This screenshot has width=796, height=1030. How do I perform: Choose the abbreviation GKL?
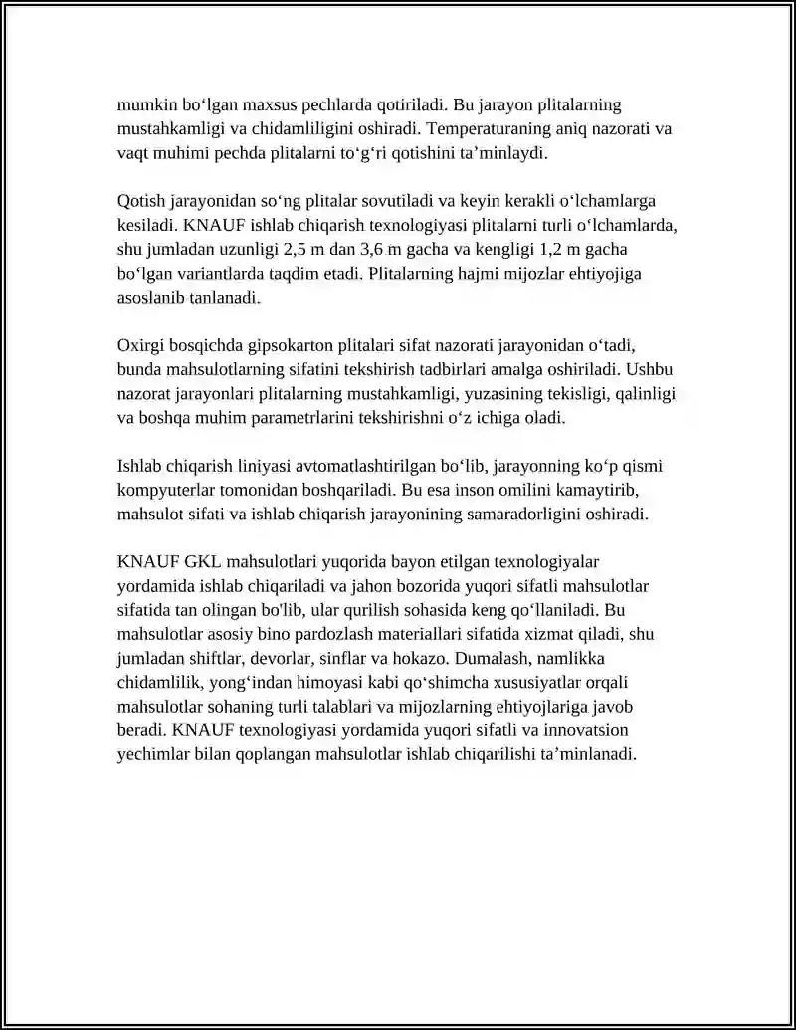click(204, 562)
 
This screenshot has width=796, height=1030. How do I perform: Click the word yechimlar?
click(150, 755)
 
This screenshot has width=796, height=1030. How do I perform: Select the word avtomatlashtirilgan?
click(366, 466)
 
